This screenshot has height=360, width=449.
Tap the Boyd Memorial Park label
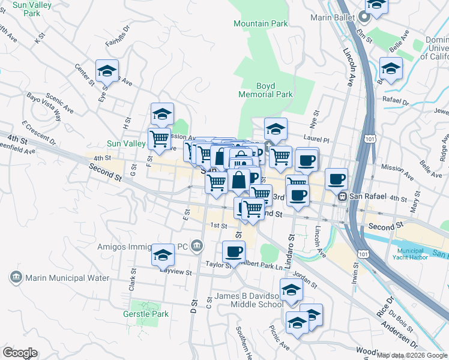265,90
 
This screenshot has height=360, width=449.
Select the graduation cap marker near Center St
107,71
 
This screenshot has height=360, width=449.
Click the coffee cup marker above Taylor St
234,251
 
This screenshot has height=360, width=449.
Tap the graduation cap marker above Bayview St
163,255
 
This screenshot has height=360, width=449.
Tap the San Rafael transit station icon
342,196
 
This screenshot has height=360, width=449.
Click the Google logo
20,353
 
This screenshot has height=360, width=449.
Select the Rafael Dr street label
396,103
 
